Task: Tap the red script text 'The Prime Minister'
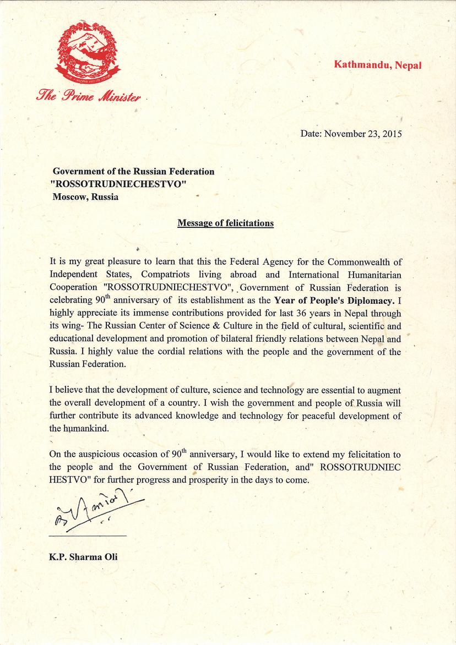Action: tap(88, 97)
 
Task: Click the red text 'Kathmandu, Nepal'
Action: tap(377, 64)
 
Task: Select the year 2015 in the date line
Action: tap(392, 134)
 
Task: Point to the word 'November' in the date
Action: tap(345, 134)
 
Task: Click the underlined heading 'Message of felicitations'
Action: tap(225, 223)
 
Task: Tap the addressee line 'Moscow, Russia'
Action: tap(85, 197)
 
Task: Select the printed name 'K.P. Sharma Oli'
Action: tap(83, 556)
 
